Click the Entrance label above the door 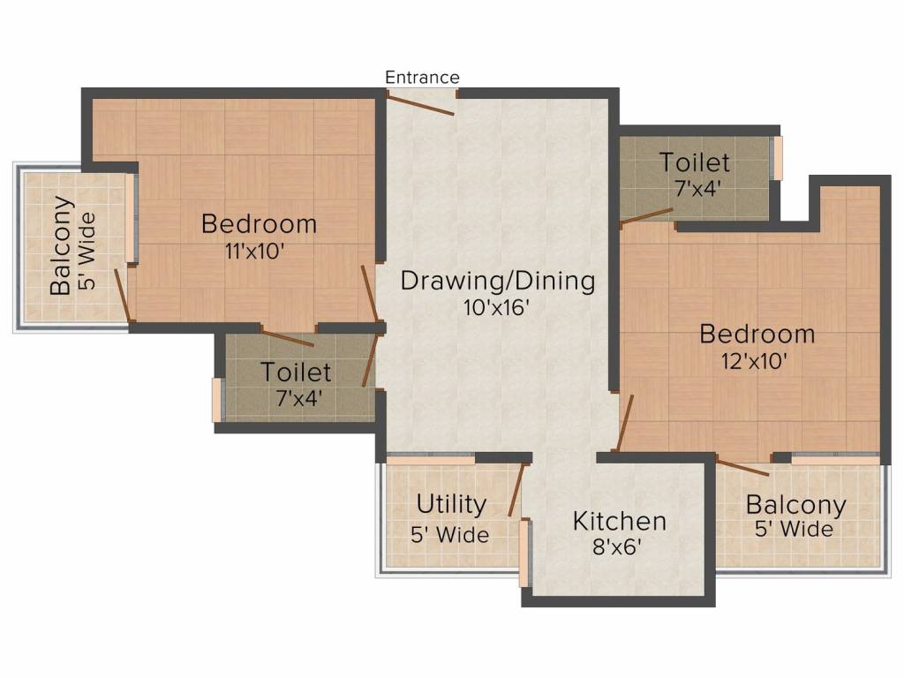pyautogui.click(x=422, y=78)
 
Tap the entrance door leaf pyautogui.click(x=420, y=105)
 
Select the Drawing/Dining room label pyautogui.click(x=498, y=281)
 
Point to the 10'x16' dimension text pyautogui.click(x=496, y=307)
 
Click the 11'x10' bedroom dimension pyautogui.click(x=255, y=252)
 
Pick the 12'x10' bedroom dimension pyautogui.click(x=754, y=361)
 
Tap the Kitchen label pyautogui.click(x=620, y=521)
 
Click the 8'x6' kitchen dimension pyautogui.click(x=617, y=546)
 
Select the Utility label pyautogui.click(x=451, y=504)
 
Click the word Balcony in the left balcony pyautogui.click(x=62, y=246)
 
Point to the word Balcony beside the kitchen pyautogui.click(x=795, y=506)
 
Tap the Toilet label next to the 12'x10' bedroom pyautogui.click(x=695, y=162)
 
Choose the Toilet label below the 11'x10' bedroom pyautogui.click(x=296, y=372)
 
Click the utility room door pyautogui.click(x=516, y=489)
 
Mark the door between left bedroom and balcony pyautogui.click(x=123, y=295)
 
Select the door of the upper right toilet pyautogui.click(x=646, y=215)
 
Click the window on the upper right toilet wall pyautogui.click(x=779, y=158)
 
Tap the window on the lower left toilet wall pyautogui.click(x=217, y=400)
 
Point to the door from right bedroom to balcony pyautogui.click(x=742, y=465)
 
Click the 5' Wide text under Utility pyautogui.click(x=449, y=535)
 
